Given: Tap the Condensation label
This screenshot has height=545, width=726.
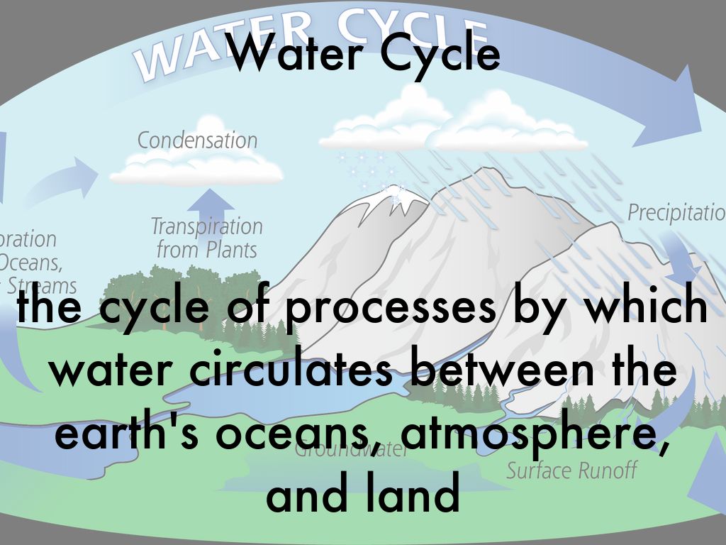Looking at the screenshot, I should point(197,140).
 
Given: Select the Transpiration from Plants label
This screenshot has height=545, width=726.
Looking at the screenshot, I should point(206,238).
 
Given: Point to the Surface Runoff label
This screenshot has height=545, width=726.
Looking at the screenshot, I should point(571,470).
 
